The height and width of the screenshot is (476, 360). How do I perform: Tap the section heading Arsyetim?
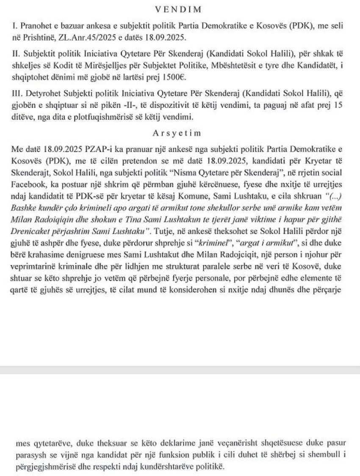(x=180, y=133)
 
